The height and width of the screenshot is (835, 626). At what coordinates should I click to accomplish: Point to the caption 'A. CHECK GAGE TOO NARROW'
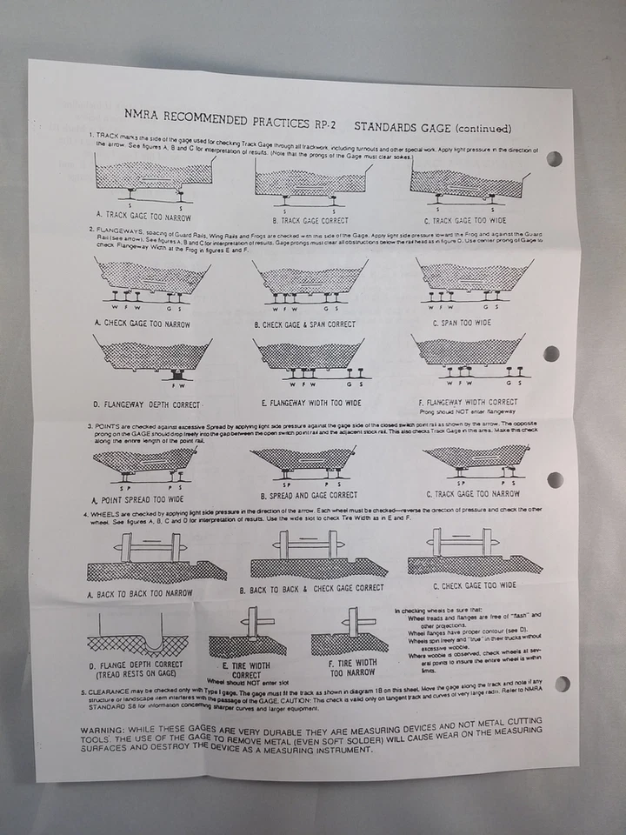142,323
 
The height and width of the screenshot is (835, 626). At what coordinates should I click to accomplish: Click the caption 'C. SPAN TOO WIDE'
461,323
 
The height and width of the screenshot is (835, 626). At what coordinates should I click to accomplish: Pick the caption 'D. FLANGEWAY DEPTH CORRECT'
149,404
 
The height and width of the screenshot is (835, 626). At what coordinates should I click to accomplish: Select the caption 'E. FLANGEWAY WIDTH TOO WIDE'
311,403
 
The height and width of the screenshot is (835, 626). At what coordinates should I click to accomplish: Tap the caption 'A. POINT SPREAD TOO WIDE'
138,499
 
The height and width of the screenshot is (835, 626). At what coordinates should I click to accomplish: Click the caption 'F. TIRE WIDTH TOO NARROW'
352,668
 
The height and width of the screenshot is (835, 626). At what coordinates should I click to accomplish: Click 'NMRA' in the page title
141,114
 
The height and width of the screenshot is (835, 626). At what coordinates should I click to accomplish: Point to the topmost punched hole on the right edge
553,158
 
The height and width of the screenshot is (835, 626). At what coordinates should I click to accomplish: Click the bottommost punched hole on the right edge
563,684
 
